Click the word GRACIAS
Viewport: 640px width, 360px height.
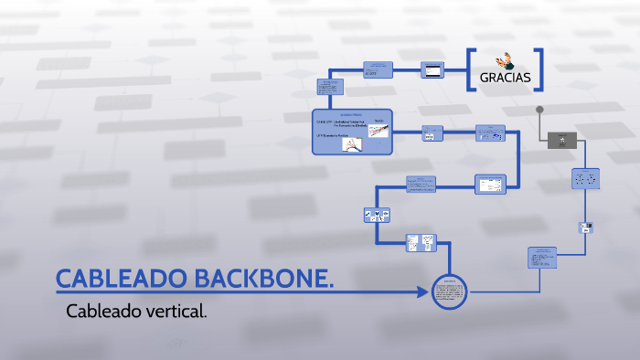(505, 78)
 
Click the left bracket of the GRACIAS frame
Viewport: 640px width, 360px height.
(470, 69)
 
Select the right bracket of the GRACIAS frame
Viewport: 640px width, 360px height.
(540, 69)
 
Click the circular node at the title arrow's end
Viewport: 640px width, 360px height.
(449, 293)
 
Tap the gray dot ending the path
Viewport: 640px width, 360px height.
(539, 110)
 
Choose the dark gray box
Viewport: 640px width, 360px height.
(561, 141)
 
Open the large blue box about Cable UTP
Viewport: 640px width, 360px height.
(352, 132)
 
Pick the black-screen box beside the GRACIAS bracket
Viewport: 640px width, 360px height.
(432, 69)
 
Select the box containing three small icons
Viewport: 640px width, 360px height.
(378, 214)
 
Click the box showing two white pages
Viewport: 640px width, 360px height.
(421, 244)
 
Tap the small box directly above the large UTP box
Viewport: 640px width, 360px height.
(327, 87)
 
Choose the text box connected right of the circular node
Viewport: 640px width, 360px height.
(542, 257)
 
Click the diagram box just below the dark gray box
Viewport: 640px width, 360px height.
(585, 179)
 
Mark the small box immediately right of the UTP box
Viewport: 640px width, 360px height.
(430, 132)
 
